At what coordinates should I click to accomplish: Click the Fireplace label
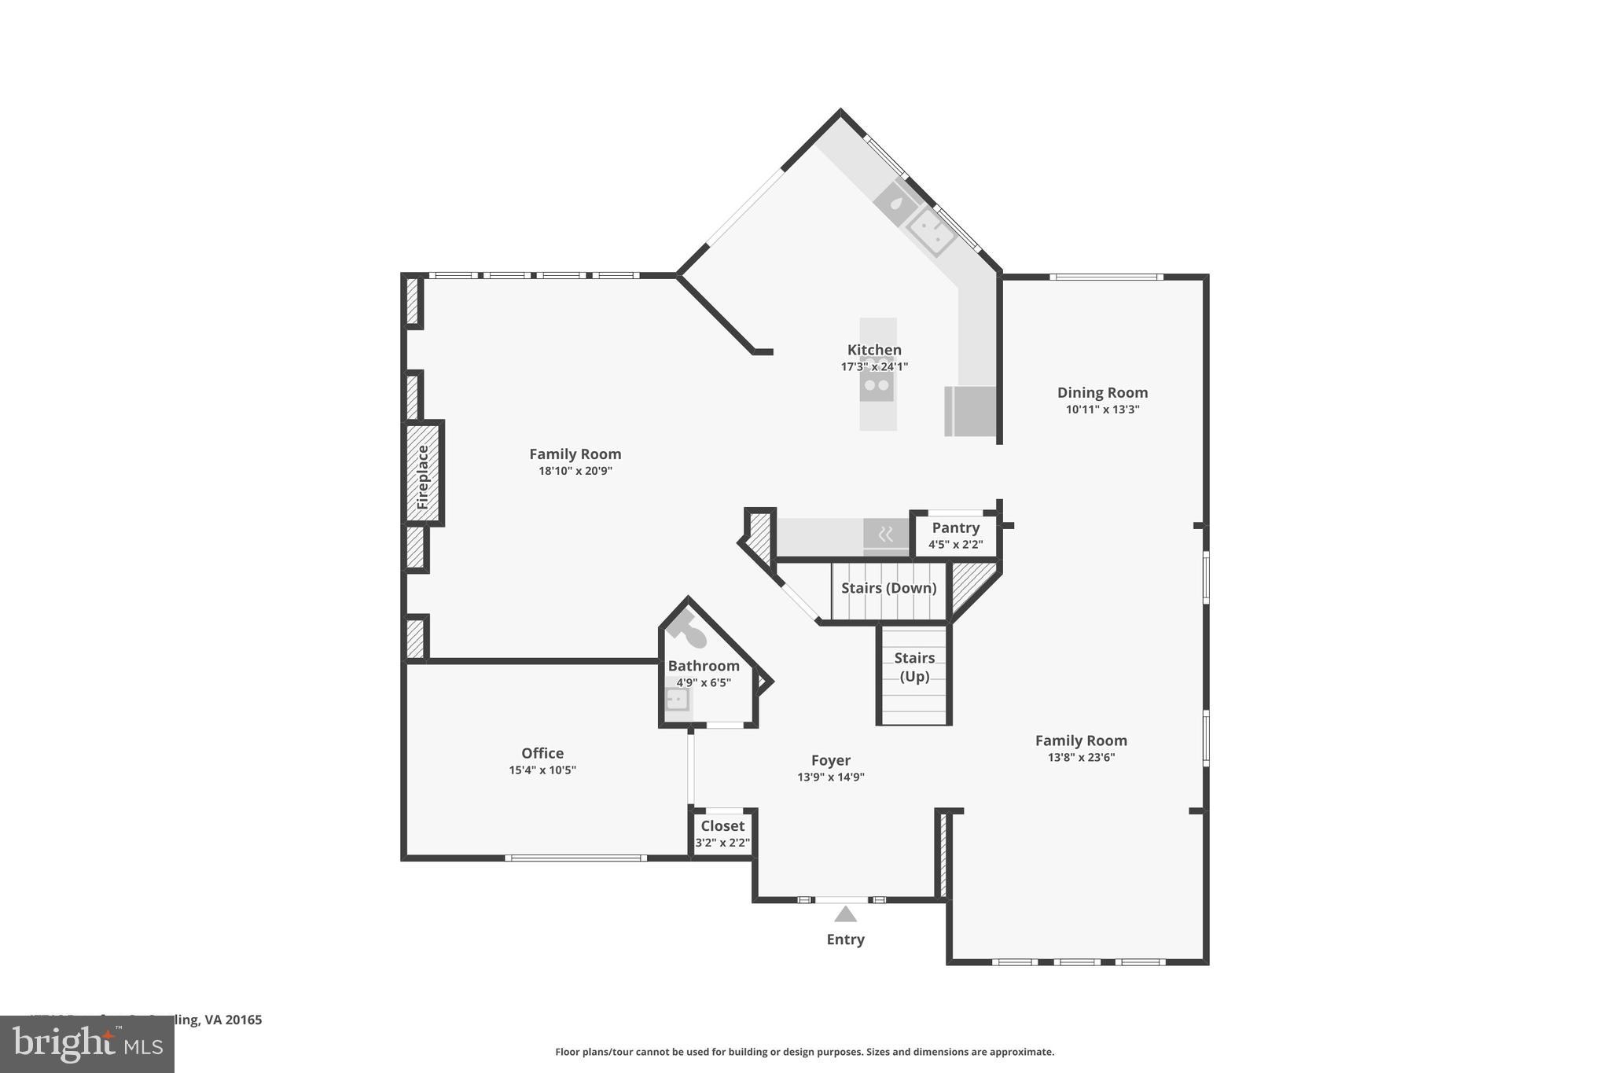point(423,476)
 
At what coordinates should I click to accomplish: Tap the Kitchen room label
point(874,350)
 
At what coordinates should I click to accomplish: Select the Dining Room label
point(1102,392)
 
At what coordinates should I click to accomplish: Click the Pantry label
point(955,527)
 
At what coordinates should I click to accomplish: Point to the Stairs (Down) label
point(888,588)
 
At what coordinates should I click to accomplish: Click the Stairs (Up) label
point(914,667)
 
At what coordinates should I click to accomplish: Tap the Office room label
point(542,753)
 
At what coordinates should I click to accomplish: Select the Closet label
point(722,825)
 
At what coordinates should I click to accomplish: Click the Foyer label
point(831,760)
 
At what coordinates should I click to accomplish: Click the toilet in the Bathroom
point(688,628)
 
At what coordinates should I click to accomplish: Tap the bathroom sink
point(676,698)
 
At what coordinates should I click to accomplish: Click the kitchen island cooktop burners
point(877,385)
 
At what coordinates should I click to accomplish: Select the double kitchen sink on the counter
point(931,230)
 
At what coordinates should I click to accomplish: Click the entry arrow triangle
point(845,914)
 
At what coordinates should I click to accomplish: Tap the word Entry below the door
point(845,939)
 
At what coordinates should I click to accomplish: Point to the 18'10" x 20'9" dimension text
point(575,471)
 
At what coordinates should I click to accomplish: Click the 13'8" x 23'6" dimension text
point(1081,757)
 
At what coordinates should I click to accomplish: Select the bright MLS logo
point(87,1044)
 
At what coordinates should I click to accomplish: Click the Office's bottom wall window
point(575,858)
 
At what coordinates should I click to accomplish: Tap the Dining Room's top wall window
point(1106,277)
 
